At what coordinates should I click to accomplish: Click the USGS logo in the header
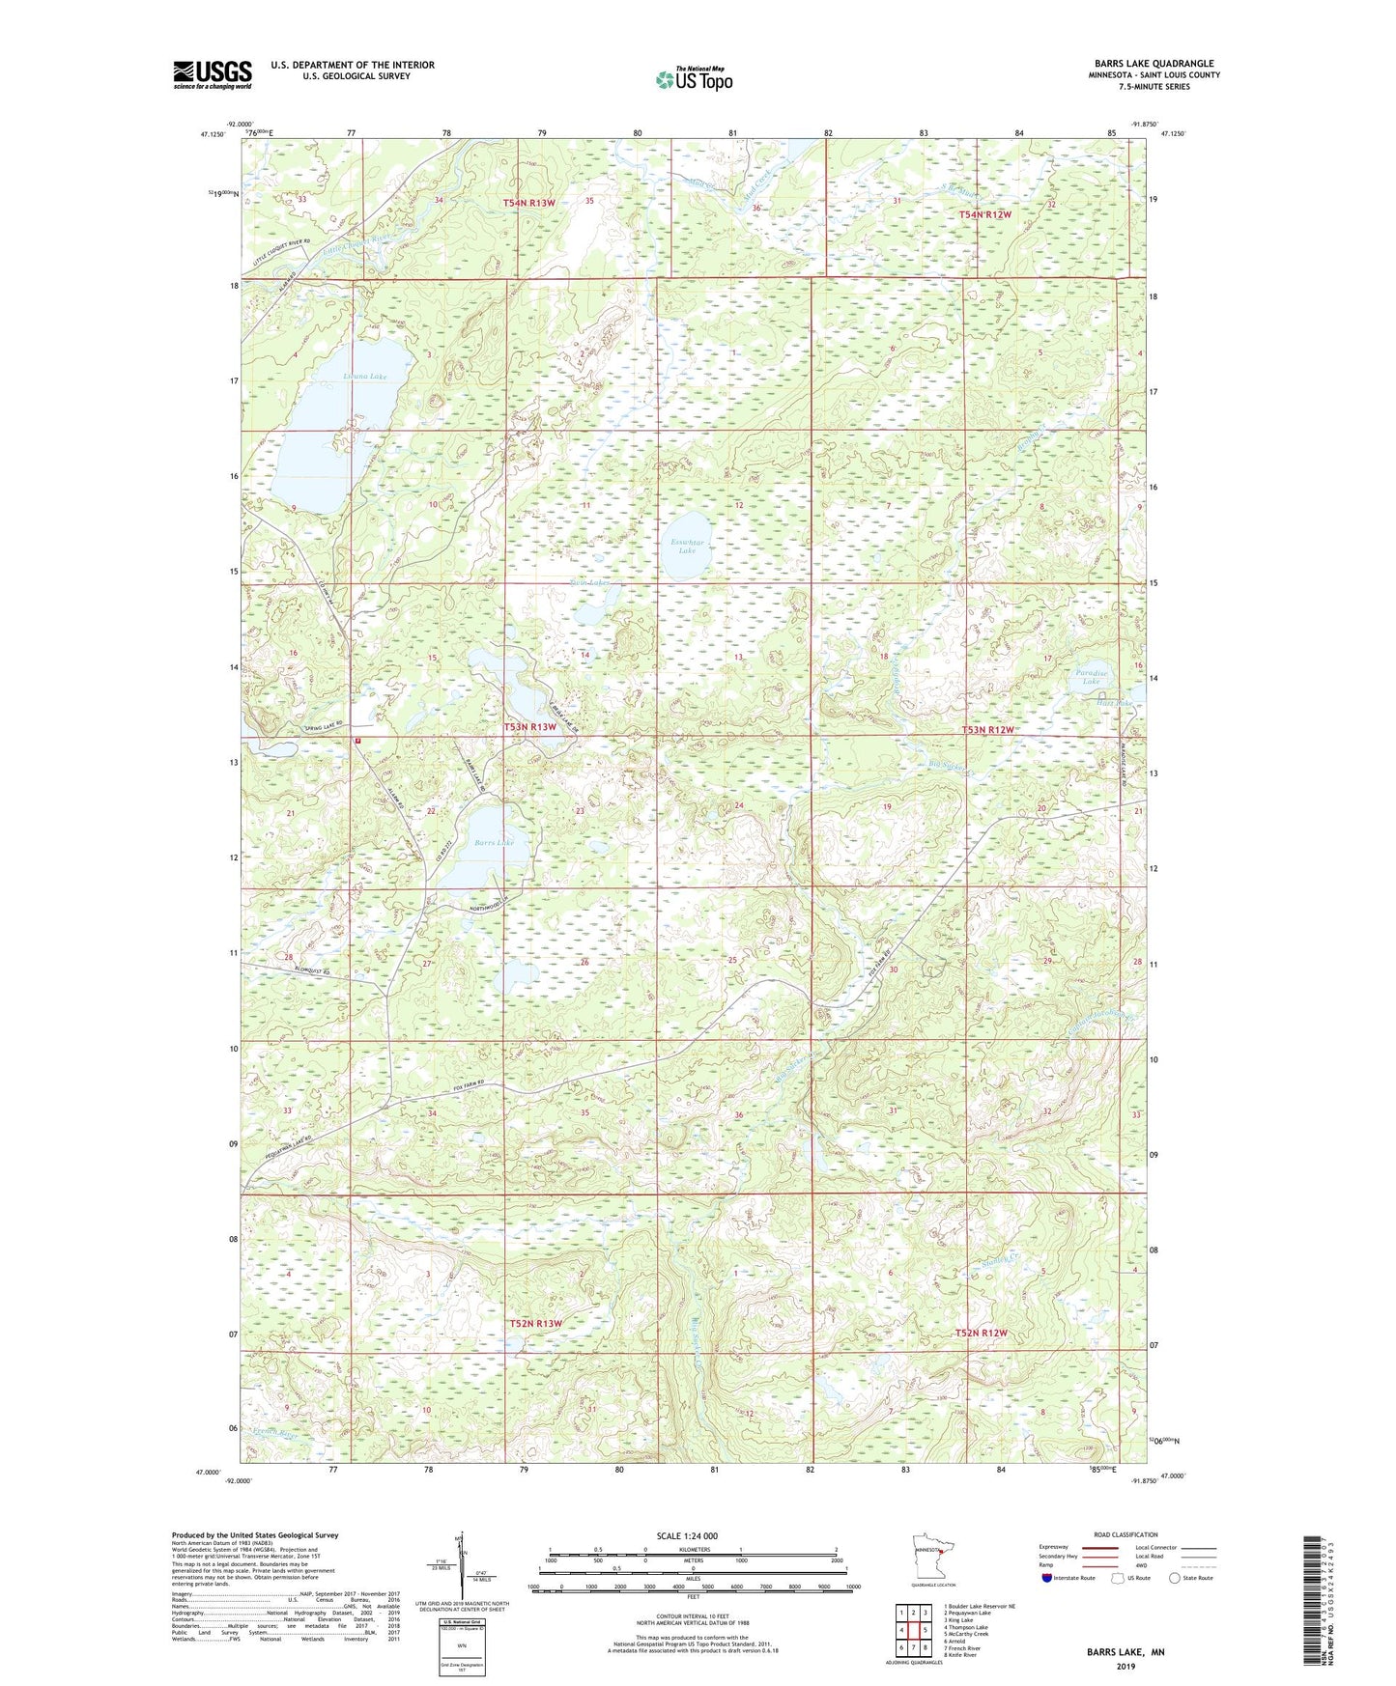pyautogui.click(x=213, y=74)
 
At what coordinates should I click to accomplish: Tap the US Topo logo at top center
pyautogui.click(x=694, y=79)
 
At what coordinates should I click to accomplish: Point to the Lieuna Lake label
pyautogui.click(x=338, y=377)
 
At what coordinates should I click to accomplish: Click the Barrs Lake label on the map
pyautogui.click(x=495, y=842)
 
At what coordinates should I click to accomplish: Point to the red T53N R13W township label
pyautogui.click(x=530, y=726)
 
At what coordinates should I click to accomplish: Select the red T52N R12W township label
pyautogui.click(x=981, y=1333)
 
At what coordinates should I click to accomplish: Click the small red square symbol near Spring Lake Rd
pyautogui.click(x=357, y=741)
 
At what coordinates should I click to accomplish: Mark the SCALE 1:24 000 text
pyautogui.click(x=687, y=1535)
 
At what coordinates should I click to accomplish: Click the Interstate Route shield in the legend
pyautogui.click(x=1048, y=1578)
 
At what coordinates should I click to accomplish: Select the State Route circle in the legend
pyautogui.click(x=1175, y=1578)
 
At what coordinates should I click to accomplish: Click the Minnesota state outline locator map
pyautogui.click(x=932, y=1556)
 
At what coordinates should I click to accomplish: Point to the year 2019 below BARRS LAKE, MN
pyautogui.click(x=1125, y=1666)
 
